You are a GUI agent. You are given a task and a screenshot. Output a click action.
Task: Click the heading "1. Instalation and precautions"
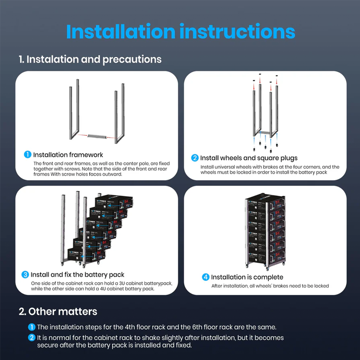(90, 59)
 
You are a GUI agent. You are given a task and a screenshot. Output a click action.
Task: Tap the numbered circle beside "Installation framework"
(28, 155)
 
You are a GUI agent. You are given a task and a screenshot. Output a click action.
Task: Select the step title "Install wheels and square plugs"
(248, 158)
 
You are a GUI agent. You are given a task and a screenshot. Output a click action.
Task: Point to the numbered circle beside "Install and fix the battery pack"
(25, 275)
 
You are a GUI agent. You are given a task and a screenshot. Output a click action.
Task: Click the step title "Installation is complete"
(247, 277)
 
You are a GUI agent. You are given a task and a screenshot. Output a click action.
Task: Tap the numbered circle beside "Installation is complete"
(206, 277)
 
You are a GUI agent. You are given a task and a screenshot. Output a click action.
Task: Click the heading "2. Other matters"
(58, 311)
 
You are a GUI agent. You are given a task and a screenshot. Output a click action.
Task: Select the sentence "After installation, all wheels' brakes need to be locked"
(270, 286)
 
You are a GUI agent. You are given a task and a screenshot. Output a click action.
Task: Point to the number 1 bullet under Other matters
(32, 327)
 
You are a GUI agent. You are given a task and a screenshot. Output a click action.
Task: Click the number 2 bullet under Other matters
(32, 338)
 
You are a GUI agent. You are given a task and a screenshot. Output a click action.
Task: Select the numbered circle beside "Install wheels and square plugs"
(195, 158)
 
